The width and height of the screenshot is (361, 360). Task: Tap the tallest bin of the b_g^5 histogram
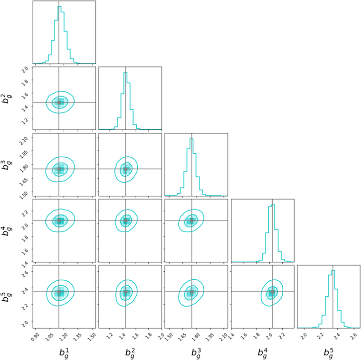(x=333, y=271)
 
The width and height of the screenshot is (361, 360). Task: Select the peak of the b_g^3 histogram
(x=191, y=139)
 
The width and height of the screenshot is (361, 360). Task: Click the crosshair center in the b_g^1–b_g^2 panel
(x=59, y=102)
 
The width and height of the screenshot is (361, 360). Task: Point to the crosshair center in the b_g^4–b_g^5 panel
(x=272, y=292)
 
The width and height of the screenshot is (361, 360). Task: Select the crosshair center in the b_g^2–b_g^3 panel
(x=125, y=169)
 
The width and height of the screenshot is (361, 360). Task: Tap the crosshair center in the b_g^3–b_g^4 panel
(x=191, y=220)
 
